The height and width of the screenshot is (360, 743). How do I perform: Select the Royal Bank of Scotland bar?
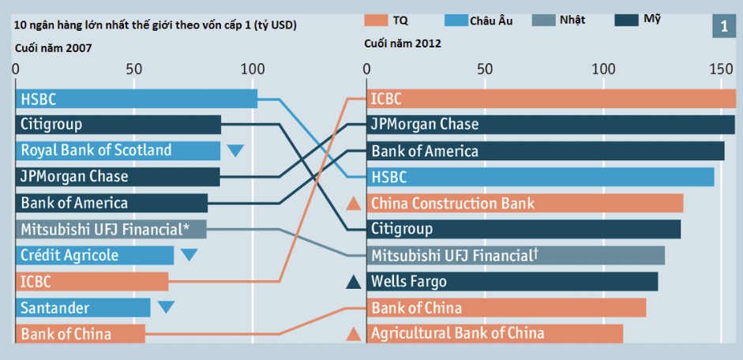[118, 151]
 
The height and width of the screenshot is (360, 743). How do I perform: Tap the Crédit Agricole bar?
[95, 255]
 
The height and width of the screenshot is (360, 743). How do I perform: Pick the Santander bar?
[83, 307]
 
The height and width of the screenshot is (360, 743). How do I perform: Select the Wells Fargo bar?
[513, 281]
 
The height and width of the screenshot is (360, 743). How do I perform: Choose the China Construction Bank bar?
[525, 203]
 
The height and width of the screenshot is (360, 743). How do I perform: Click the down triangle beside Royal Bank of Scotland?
[235, 151]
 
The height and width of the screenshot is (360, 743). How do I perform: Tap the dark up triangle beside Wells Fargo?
[354, 282]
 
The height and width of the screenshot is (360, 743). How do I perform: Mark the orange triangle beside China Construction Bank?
[354, 204]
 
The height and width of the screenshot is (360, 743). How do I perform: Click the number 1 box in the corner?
[724, 27]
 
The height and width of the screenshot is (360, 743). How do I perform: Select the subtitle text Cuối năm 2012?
[403, 43]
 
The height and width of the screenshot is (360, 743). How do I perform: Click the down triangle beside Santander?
[165, 308]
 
